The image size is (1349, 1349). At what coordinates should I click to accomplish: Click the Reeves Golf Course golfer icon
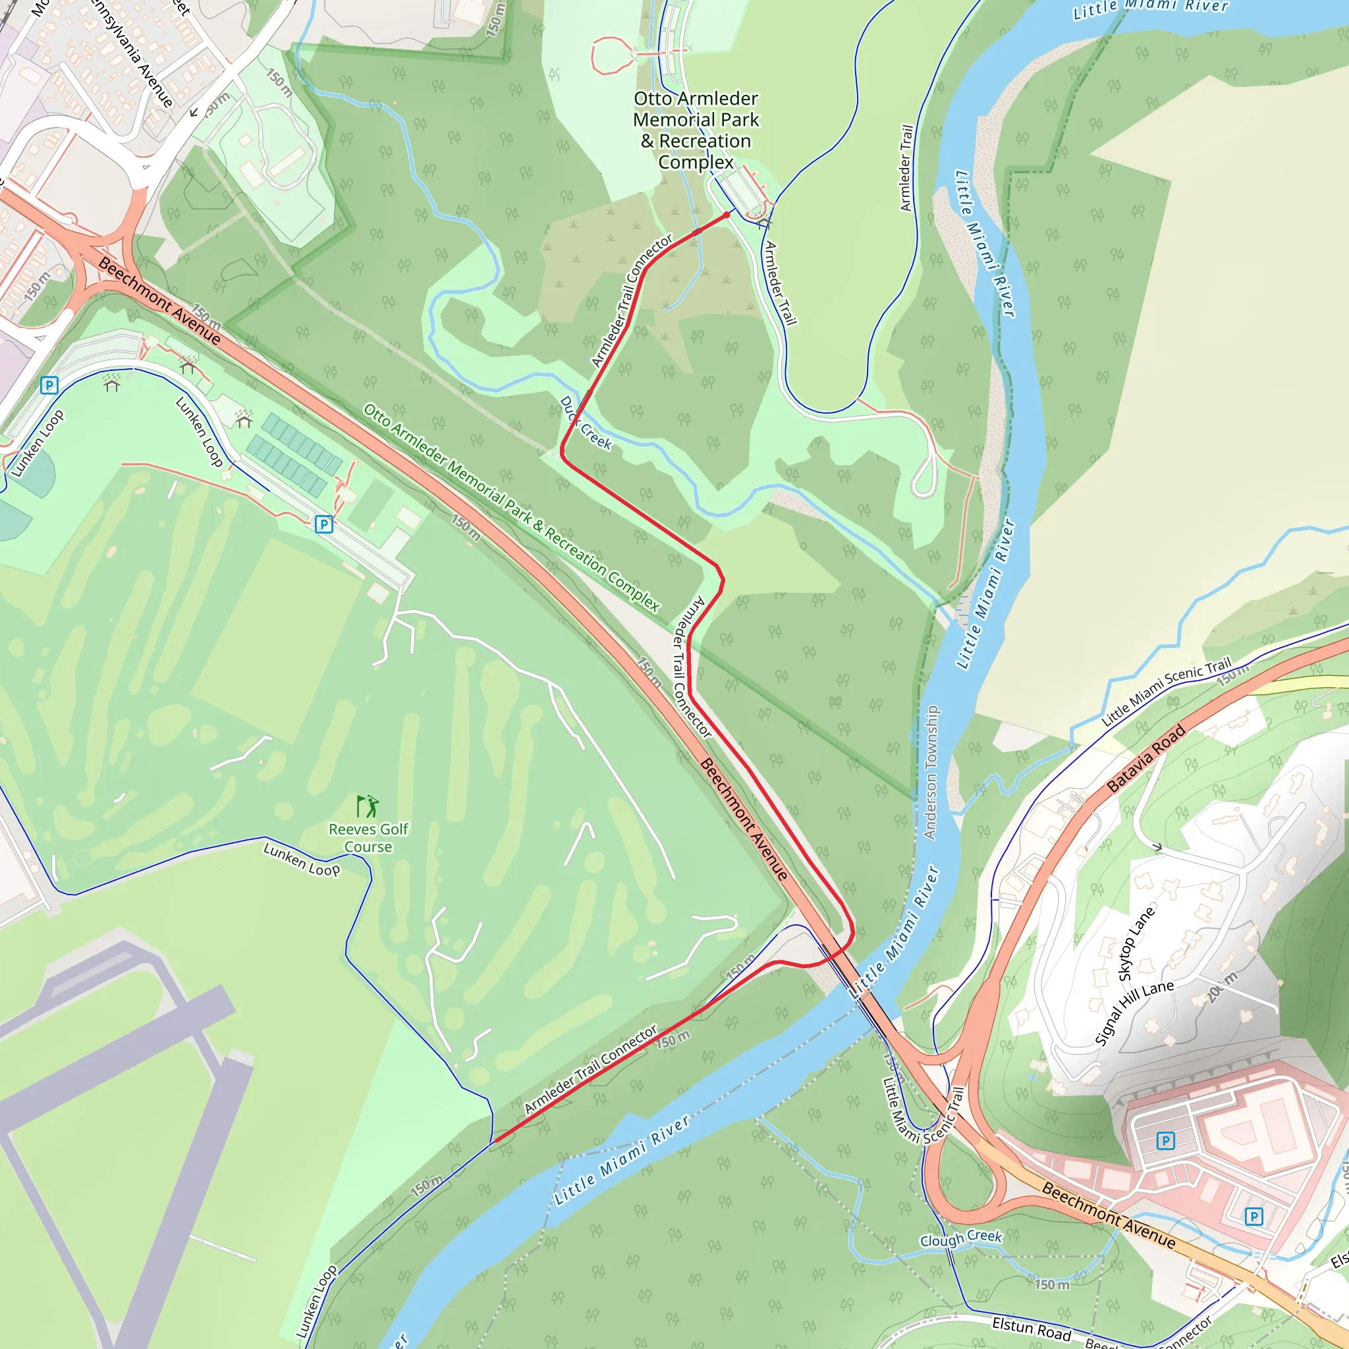(x=368, y=806)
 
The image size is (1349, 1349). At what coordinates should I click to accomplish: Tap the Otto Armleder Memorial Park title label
(x=696, y=130)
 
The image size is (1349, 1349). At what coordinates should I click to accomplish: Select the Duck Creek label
(x=585, y=424)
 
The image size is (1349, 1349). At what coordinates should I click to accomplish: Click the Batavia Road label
(x=1147, y=759)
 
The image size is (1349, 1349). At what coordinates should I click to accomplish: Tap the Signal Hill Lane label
(x=1134, y=1012)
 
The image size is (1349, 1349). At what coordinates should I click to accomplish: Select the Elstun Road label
(x=1032, y=1327)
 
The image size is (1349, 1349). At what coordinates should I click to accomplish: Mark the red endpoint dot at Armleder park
(x=727, y=215)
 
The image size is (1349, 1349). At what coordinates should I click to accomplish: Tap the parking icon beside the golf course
(x=323, y=524)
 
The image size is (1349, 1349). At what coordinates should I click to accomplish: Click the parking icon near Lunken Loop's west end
(x=49, y=385)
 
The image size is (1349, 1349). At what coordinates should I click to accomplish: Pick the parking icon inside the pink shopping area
(x=1165, y=1141)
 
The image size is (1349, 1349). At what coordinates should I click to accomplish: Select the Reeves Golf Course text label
(x=368, y=838)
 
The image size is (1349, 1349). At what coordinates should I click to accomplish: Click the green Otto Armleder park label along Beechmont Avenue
(x=511, y=508)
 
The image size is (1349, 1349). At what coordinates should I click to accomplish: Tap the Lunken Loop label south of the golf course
(x=302, y=859)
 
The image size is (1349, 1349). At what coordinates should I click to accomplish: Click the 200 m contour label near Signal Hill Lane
(x=1221, y=987)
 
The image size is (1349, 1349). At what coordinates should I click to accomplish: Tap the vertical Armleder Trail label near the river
(x=906, y=168)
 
